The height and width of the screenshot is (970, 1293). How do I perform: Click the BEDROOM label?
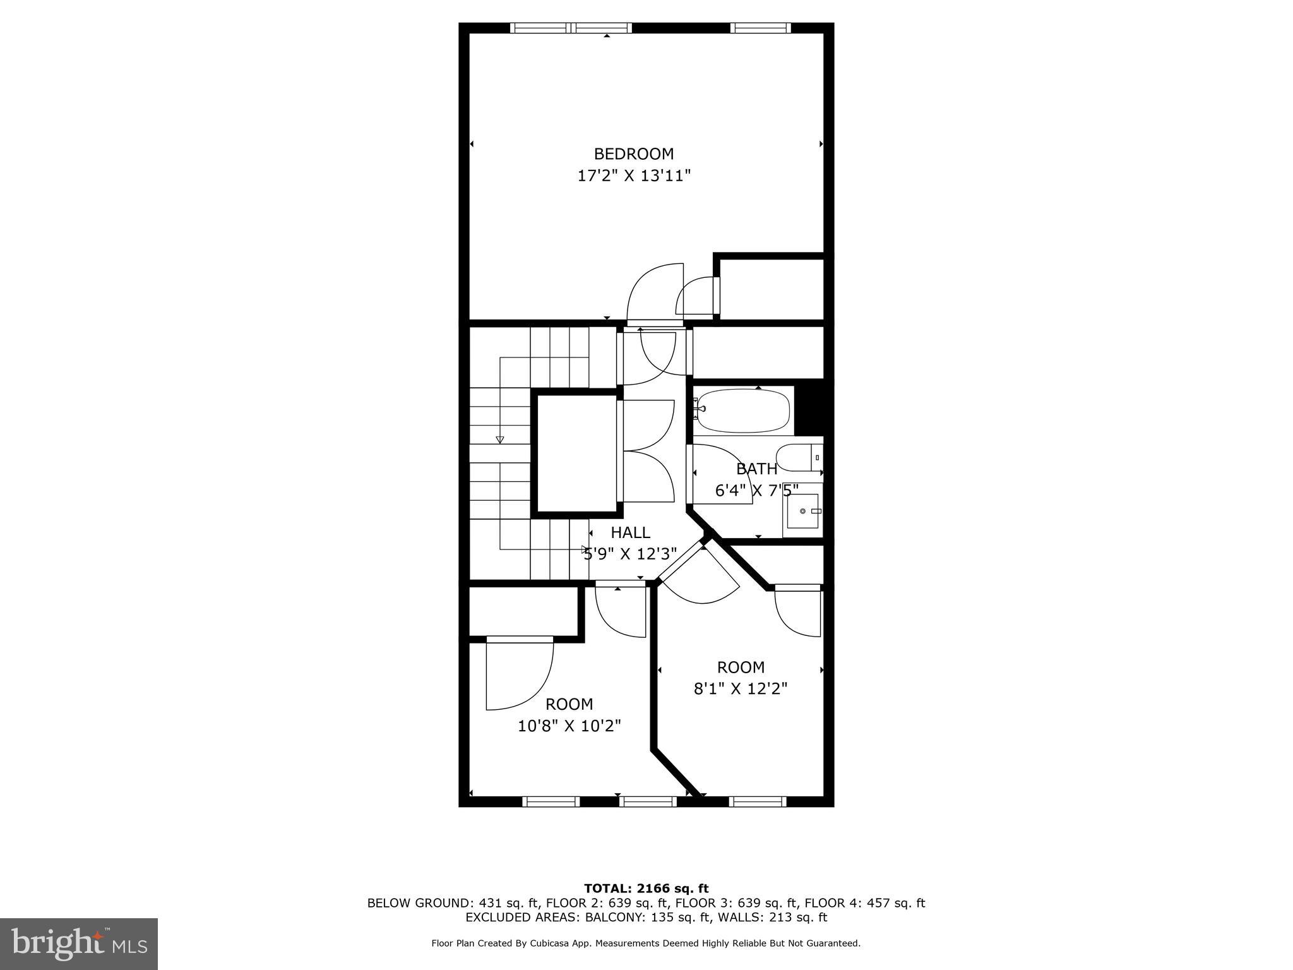pos(633,153)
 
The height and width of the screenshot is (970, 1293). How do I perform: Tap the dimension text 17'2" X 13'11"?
pos(633,176)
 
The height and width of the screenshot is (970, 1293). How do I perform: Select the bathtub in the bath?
pos(742,410)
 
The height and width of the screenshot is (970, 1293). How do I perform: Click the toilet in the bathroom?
pos(799,457)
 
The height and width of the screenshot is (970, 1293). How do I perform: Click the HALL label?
pos(629,532)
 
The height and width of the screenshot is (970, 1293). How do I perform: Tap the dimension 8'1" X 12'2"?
pos(740,688)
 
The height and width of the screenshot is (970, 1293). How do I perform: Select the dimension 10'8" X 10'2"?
pos(569,726)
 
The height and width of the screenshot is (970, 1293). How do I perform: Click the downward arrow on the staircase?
pos(500,439)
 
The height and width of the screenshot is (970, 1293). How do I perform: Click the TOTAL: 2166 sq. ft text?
pos(646,889)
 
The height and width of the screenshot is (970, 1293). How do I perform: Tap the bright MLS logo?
pos(78,943)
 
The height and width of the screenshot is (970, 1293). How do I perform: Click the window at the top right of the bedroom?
pos(761,28)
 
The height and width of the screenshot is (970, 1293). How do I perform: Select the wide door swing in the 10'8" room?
pos(520,673)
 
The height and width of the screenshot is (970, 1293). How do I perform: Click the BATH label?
pos(756,469)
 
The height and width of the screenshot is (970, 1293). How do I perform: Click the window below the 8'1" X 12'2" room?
pos(757,801)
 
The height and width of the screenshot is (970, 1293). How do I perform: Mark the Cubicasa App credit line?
pos(645,943)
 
